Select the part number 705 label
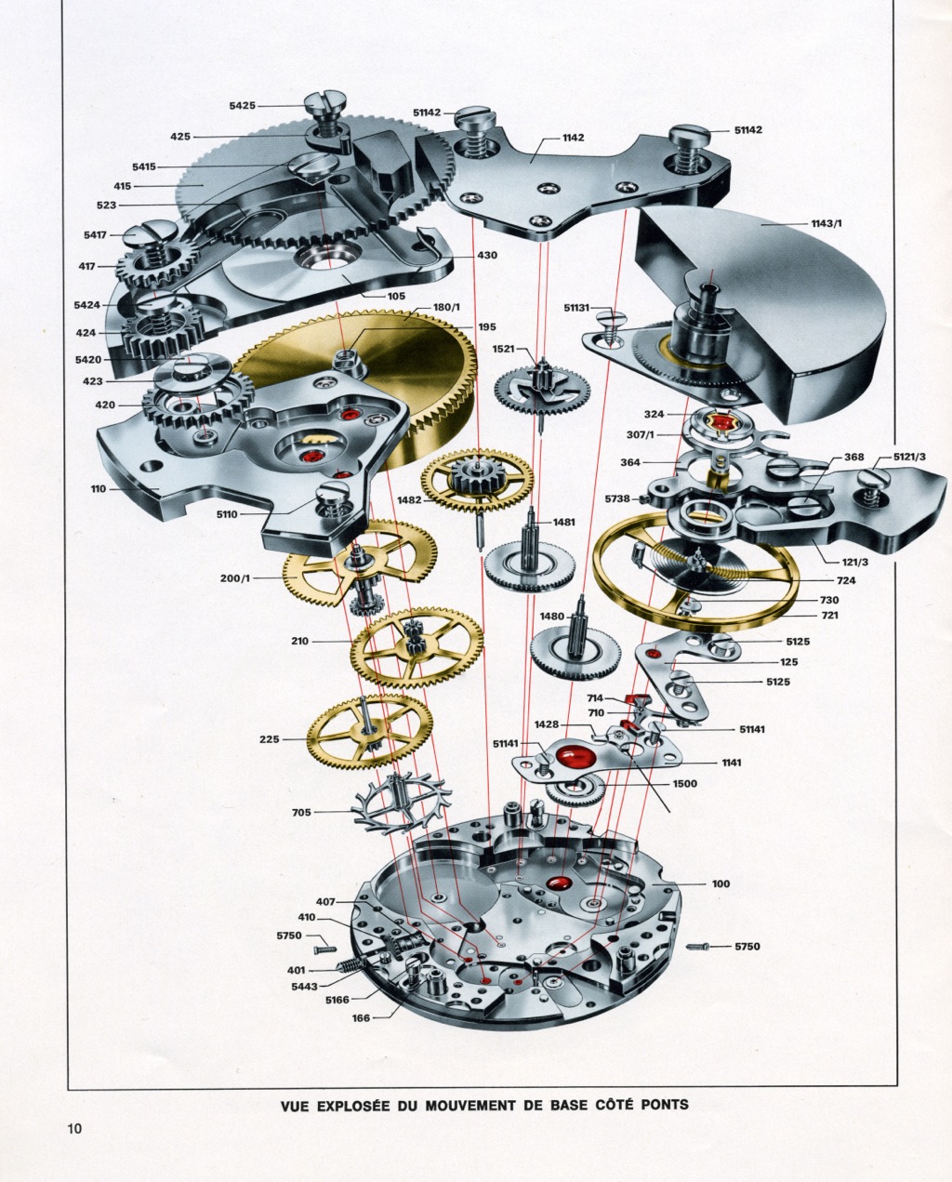(301, 812)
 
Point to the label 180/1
(450, 307)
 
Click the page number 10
(75, 1129)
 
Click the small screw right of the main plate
(699, 947)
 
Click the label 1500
(684, 784)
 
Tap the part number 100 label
(721, 883)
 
